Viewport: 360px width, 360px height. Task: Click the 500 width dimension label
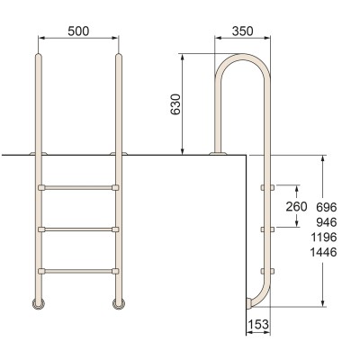click(78, 31)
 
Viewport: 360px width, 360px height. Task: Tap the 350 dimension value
click(242, 31)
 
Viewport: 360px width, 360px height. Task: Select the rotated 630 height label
click(175, 104)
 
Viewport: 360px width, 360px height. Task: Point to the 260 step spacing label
click(296, 206)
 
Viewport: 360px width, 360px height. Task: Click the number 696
click(327, 207)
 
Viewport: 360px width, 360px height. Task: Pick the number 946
click(327, 222)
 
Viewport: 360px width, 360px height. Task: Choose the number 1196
click(324, 238)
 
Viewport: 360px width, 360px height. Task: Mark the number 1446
click(323, 252)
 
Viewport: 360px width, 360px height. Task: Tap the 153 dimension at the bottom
click(258, 324)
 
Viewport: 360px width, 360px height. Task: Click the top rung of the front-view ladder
click(78, 188)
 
